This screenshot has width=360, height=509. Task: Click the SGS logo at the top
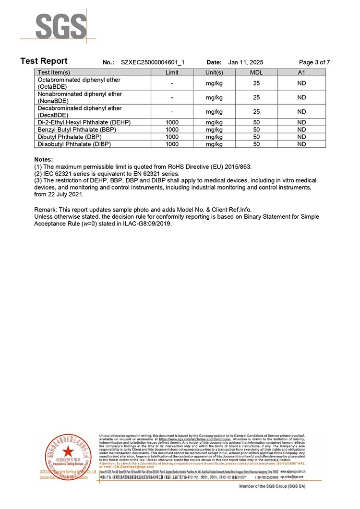[59, 26]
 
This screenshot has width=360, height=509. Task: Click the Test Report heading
[44, 61]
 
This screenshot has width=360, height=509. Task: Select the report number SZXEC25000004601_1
[153, 62]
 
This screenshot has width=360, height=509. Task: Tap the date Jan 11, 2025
[246, 62]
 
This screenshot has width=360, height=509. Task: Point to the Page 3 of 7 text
[314, 62]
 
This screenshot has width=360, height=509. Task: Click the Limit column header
[172, 72]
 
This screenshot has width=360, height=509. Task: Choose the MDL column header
[256, 72]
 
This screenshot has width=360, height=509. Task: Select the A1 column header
[301, 72]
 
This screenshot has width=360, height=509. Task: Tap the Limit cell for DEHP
[172, 122]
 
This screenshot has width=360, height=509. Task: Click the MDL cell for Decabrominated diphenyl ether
[256, 111]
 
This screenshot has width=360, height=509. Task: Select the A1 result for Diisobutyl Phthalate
[301, 144]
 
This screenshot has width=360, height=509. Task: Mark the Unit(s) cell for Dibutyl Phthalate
[214, 137]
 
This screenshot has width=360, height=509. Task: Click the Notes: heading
[44, 159]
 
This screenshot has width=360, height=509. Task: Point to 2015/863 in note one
[237, 166]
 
